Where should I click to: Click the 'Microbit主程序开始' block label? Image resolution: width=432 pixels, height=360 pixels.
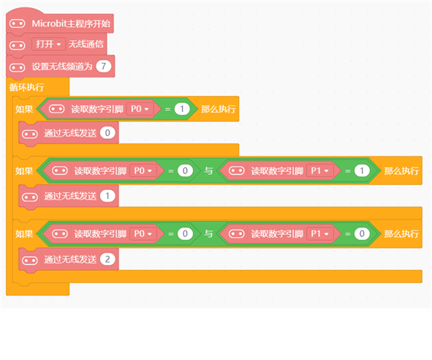coord(71,23)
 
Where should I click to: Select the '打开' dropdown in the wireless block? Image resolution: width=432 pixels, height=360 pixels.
coord(48,44)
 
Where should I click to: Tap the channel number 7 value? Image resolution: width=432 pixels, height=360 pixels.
coord(103,66)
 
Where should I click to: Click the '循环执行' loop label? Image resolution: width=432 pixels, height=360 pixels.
coord(26,87)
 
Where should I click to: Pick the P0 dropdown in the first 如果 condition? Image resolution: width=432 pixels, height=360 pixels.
coord(140,109)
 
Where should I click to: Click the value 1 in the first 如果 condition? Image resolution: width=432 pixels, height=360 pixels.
coord(182,109)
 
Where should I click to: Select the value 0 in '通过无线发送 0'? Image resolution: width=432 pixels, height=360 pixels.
coord(107,132)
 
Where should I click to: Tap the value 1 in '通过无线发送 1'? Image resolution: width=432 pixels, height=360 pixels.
coord(107,196)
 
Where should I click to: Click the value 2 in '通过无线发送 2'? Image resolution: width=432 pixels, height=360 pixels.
coord(107,259)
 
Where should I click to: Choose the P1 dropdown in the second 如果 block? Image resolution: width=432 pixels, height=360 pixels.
coord(319,170)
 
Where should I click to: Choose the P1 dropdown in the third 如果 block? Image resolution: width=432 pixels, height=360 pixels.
coord(319,234)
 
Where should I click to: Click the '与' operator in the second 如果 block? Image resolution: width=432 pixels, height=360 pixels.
coord(208,171)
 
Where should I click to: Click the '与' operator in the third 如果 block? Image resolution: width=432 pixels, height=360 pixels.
coord(208,234)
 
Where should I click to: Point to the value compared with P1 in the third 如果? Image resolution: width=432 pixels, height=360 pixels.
coord(362,234)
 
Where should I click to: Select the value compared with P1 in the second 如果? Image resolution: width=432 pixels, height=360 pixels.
coord(362,170)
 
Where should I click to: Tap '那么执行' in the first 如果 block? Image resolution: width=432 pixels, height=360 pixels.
coord(219,109)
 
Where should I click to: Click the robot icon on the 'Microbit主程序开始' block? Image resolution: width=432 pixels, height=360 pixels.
coord(17,23)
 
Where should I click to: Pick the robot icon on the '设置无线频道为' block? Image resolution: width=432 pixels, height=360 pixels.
coord(17,67)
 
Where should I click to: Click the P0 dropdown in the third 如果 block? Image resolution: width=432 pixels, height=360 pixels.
coord(143,234)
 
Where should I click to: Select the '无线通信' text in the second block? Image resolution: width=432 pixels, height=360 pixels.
coord(86,44)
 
